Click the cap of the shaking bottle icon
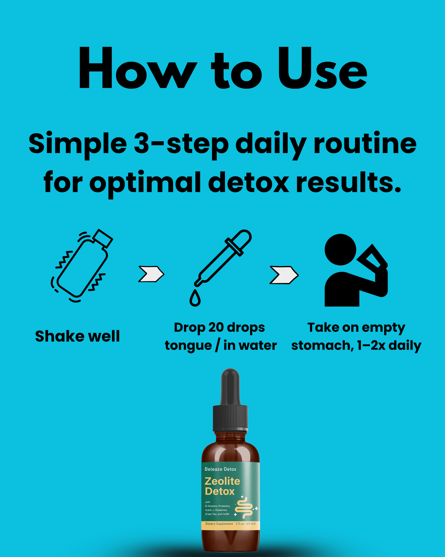tap(103, 238)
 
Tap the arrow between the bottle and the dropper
tap(151, 274)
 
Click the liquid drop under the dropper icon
tap(195, 299)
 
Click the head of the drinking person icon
tap(340, 250)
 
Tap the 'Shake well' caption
tap(78, 336)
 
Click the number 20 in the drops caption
tap(216, 327)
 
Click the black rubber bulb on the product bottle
tap(230, 386)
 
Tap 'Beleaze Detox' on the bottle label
tap(220, 469)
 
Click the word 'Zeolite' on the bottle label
tap(222, 481)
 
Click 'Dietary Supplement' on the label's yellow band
tap(219, 524)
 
